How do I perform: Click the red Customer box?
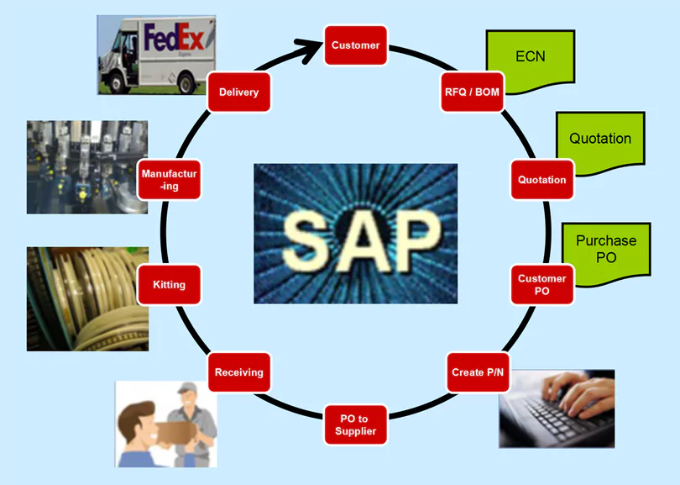coord(356,45)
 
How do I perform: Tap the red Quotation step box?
coord(541,180)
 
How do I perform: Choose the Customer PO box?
coord(541,284)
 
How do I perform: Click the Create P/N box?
coord(478,372)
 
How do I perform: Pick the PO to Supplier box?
coord(356,424)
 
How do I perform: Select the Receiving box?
coord(239,372)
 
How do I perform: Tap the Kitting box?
coord(170,285)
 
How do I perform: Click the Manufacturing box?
coord(170,180)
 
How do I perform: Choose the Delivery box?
coord(239,92)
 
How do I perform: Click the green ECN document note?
coord(530,59)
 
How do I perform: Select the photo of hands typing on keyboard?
coord(557,408)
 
